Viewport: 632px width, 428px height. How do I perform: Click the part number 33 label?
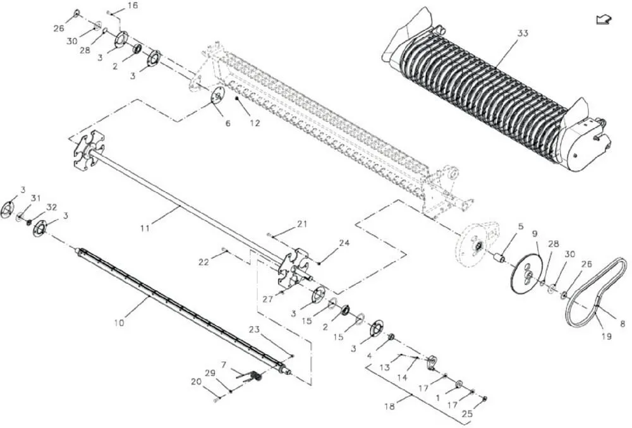[522, 34]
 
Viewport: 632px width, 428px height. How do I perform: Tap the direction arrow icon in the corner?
[603, 20]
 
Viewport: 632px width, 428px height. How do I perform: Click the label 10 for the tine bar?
[119, 322]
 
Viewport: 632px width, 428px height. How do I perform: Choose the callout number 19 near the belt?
[606, 336]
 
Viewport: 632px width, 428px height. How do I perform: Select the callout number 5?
[521, 225]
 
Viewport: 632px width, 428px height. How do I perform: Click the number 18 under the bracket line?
[390, 407]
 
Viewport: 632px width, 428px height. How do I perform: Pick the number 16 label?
[132, 6]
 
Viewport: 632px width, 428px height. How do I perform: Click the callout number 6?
[228, 123]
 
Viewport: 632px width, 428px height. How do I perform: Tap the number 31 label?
[35, 198]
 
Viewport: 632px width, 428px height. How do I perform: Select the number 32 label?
[52, 207]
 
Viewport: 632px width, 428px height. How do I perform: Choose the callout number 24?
[344, 243]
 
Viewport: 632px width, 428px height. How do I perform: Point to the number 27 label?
[269, 299]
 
